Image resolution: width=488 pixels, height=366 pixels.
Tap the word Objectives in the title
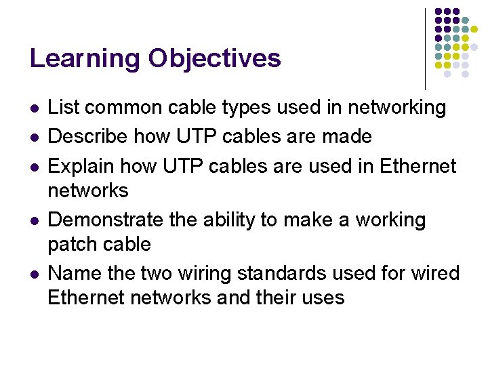215,60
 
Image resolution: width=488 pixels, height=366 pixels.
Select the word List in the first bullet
63,107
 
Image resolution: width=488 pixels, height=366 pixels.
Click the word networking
396,108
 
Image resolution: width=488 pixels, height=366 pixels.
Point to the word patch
73,243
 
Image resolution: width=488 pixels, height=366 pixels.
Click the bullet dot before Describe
34,138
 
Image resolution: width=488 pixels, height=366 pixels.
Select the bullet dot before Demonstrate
34,221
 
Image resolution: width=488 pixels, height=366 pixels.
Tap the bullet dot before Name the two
34,274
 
